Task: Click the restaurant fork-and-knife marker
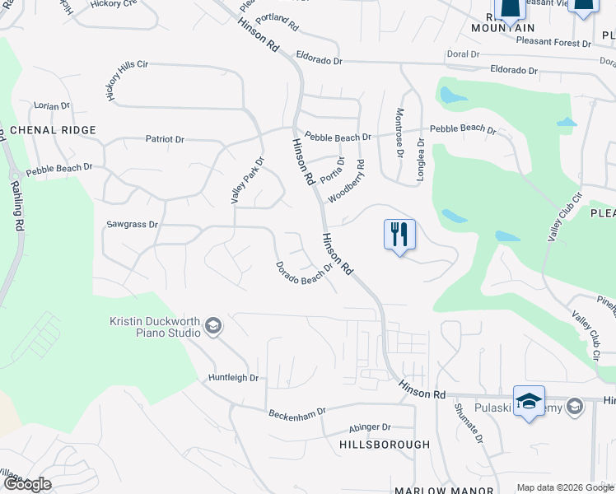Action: pyautogui.click(x=399, y=234)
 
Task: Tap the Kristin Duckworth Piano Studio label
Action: pyautogui.click(x=156, y=327)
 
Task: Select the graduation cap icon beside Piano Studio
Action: pyautogui.click(x=213, y=327)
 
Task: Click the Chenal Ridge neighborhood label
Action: pyautogui.click(x=54, y=130)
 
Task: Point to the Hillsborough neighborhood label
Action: pyautogui.click(x=385, y=445)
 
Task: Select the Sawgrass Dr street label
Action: pyautogui.click(x=132, y=224)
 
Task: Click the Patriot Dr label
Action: pyautogui.click(x=165, y=139)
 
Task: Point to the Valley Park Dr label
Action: pyautogui.click(x=246, y=180)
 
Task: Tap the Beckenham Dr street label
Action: pyautogui.click(x=297, y=411)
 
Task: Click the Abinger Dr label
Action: pyautogui.click(x=370, y=427)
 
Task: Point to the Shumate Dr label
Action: pyautogui.click(x=468, y=423)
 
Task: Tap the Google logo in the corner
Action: pyautogui.click(x=26, y=484)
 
